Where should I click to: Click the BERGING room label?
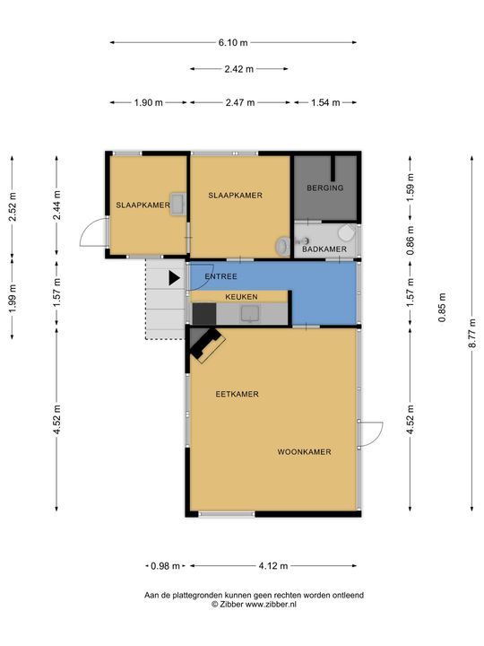coord(324,188)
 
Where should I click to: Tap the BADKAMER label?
coord(324,249)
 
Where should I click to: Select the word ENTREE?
coord(221,276)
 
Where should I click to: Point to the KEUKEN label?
coord(241,297)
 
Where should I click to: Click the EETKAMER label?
coord(237,394)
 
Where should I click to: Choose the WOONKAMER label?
coord(304,452)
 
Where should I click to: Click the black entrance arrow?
coord(175,278)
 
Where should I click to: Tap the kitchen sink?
coord(250,313)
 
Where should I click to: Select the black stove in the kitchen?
coord(204,313)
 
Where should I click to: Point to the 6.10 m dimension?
coord(233,42)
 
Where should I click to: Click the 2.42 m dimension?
coord(239,69)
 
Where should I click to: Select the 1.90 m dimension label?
coord(149,102)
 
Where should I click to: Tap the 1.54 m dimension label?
coord(325,102)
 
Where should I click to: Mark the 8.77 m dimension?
coord(472,333)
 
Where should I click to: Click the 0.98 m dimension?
coord(166,566)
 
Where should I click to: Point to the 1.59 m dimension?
coord(411,188)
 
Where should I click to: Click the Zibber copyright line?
coord(254,605)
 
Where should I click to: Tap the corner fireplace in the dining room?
coord(206,344)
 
